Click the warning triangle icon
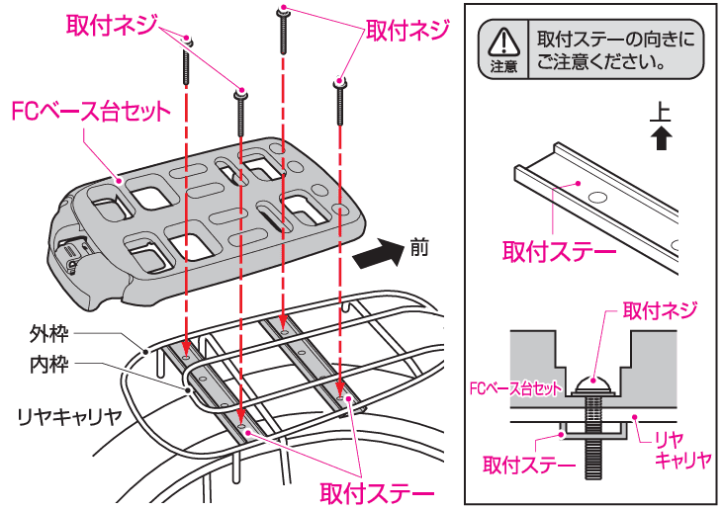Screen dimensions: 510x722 coord(504,42)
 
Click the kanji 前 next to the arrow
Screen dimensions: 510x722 coord(418,247)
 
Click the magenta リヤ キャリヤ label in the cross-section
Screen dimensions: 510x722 coord(682,449)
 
